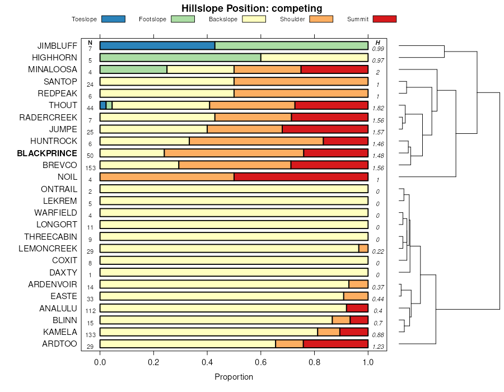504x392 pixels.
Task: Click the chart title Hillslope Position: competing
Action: [251, 8]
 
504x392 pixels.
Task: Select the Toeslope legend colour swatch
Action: [113, 19]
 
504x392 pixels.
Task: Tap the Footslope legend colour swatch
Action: [182, 19]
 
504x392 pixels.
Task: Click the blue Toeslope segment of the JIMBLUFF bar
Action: [157, 45]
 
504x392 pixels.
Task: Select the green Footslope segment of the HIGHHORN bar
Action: [180, 57]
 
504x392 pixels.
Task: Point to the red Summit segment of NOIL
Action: [301, 177]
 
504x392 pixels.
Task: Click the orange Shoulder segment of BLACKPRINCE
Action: [234, 153]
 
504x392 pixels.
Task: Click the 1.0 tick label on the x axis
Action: [368, 362]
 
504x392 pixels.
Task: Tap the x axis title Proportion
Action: [234, 377]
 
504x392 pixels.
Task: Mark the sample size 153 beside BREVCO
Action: [90, 167]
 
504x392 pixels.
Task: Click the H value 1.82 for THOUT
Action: [378, 108]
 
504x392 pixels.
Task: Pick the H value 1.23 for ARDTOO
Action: [378, 347]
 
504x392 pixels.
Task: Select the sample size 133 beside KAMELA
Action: [90, 334]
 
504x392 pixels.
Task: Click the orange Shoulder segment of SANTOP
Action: [301, 81]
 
